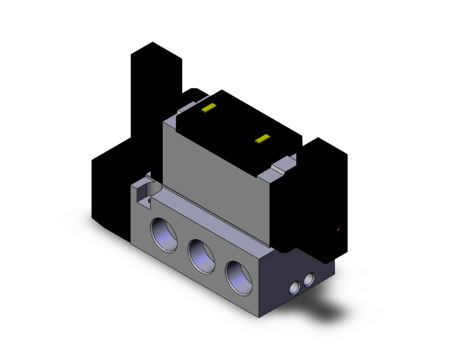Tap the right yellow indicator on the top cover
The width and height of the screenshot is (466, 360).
(x=263, y=138)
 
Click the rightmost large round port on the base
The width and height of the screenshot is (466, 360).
(x=238, y=275)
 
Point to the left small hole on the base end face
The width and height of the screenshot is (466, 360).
(x=294, y=287)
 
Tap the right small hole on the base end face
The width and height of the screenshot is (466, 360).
(x=308, y=279)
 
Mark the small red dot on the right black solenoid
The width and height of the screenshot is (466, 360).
(x=338, y=230)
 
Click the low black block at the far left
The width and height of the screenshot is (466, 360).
(x=110, y=188)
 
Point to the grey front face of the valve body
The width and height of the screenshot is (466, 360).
(x=213, y=175)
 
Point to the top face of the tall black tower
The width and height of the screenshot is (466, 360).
(x=155, y=52)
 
